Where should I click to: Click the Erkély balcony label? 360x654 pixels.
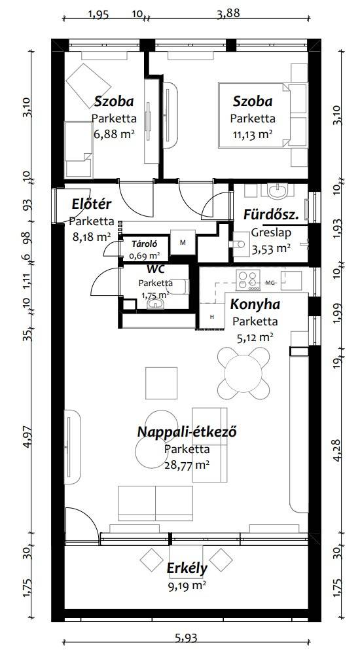pos(187,568)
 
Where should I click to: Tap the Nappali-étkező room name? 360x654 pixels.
pos(187,431)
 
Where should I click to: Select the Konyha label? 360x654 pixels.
pos(255,304)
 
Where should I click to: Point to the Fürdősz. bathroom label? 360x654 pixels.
pos(271,215)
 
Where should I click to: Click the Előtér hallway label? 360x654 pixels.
pos(92,204)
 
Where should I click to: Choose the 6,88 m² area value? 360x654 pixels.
pos(114,135)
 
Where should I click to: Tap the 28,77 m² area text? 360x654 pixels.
pos(187,465)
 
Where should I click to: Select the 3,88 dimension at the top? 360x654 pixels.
pos(228,13)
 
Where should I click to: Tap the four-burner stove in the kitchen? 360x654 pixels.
pos(248,280)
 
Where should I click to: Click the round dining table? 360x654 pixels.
pos(243,372)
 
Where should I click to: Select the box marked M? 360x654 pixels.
pos(183,242)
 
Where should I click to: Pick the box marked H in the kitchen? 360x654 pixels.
pos(212,316)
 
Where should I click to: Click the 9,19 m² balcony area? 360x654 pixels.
pos(187,586)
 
